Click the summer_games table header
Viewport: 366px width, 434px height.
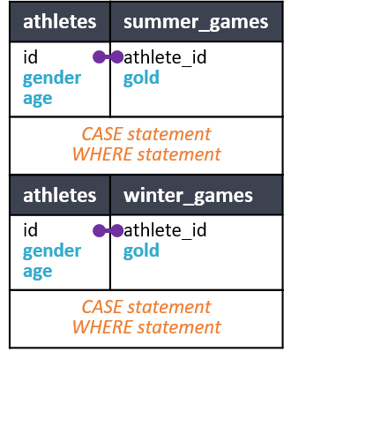pyautogui.click(x=196, y=22)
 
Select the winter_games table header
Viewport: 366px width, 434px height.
pyautogui.click(x=188, y=196)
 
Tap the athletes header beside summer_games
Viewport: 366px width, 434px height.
pyautogui.click(x=60, y=22)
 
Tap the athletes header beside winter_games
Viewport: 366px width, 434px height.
pyautogui.click(x=60, y=195)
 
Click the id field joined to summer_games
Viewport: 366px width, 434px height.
pyautogui.click(x=30, y=56)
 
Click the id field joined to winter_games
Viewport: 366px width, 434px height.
pyautogui.click(x=30, y=229)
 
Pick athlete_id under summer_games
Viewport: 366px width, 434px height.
pyautogui.click(x=165, y=57)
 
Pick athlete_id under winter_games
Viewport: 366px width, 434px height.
pyautogui.click(x=165, y=230)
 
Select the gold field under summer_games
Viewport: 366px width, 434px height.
pyautogui.click(x=141, y=78)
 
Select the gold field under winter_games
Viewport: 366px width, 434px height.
pyautogui.click(x=141, y=251)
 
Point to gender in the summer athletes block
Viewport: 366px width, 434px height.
pyautogui.click(x=52, y=79)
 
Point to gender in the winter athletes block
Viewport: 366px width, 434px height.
pyautogui.click(x=52, y=251)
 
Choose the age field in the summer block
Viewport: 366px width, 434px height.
pyautogui.click(x=38, y=99)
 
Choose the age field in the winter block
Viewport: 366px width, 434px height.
pyautogui.click(x=38, y=272)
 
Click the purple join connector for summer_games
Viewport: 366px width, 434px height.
pyautogui.click(x=108, y=57)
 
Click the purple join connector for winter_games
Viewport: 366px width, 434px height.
pyautogui.click(x=108, y=230)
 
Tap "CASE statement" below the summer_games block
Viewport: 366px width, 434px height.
pyautogui.click(x=146, y=134)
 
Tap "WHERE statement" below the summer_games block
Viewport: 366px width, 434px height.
pyautogui.click(x=146, y=154)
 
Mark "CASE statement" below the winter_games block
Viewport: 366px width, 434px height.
pyautogui.click(x=146, y=307)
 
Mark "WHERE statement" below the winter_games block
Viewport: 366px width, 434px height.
pyautogui.click(x=146, y=327)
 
